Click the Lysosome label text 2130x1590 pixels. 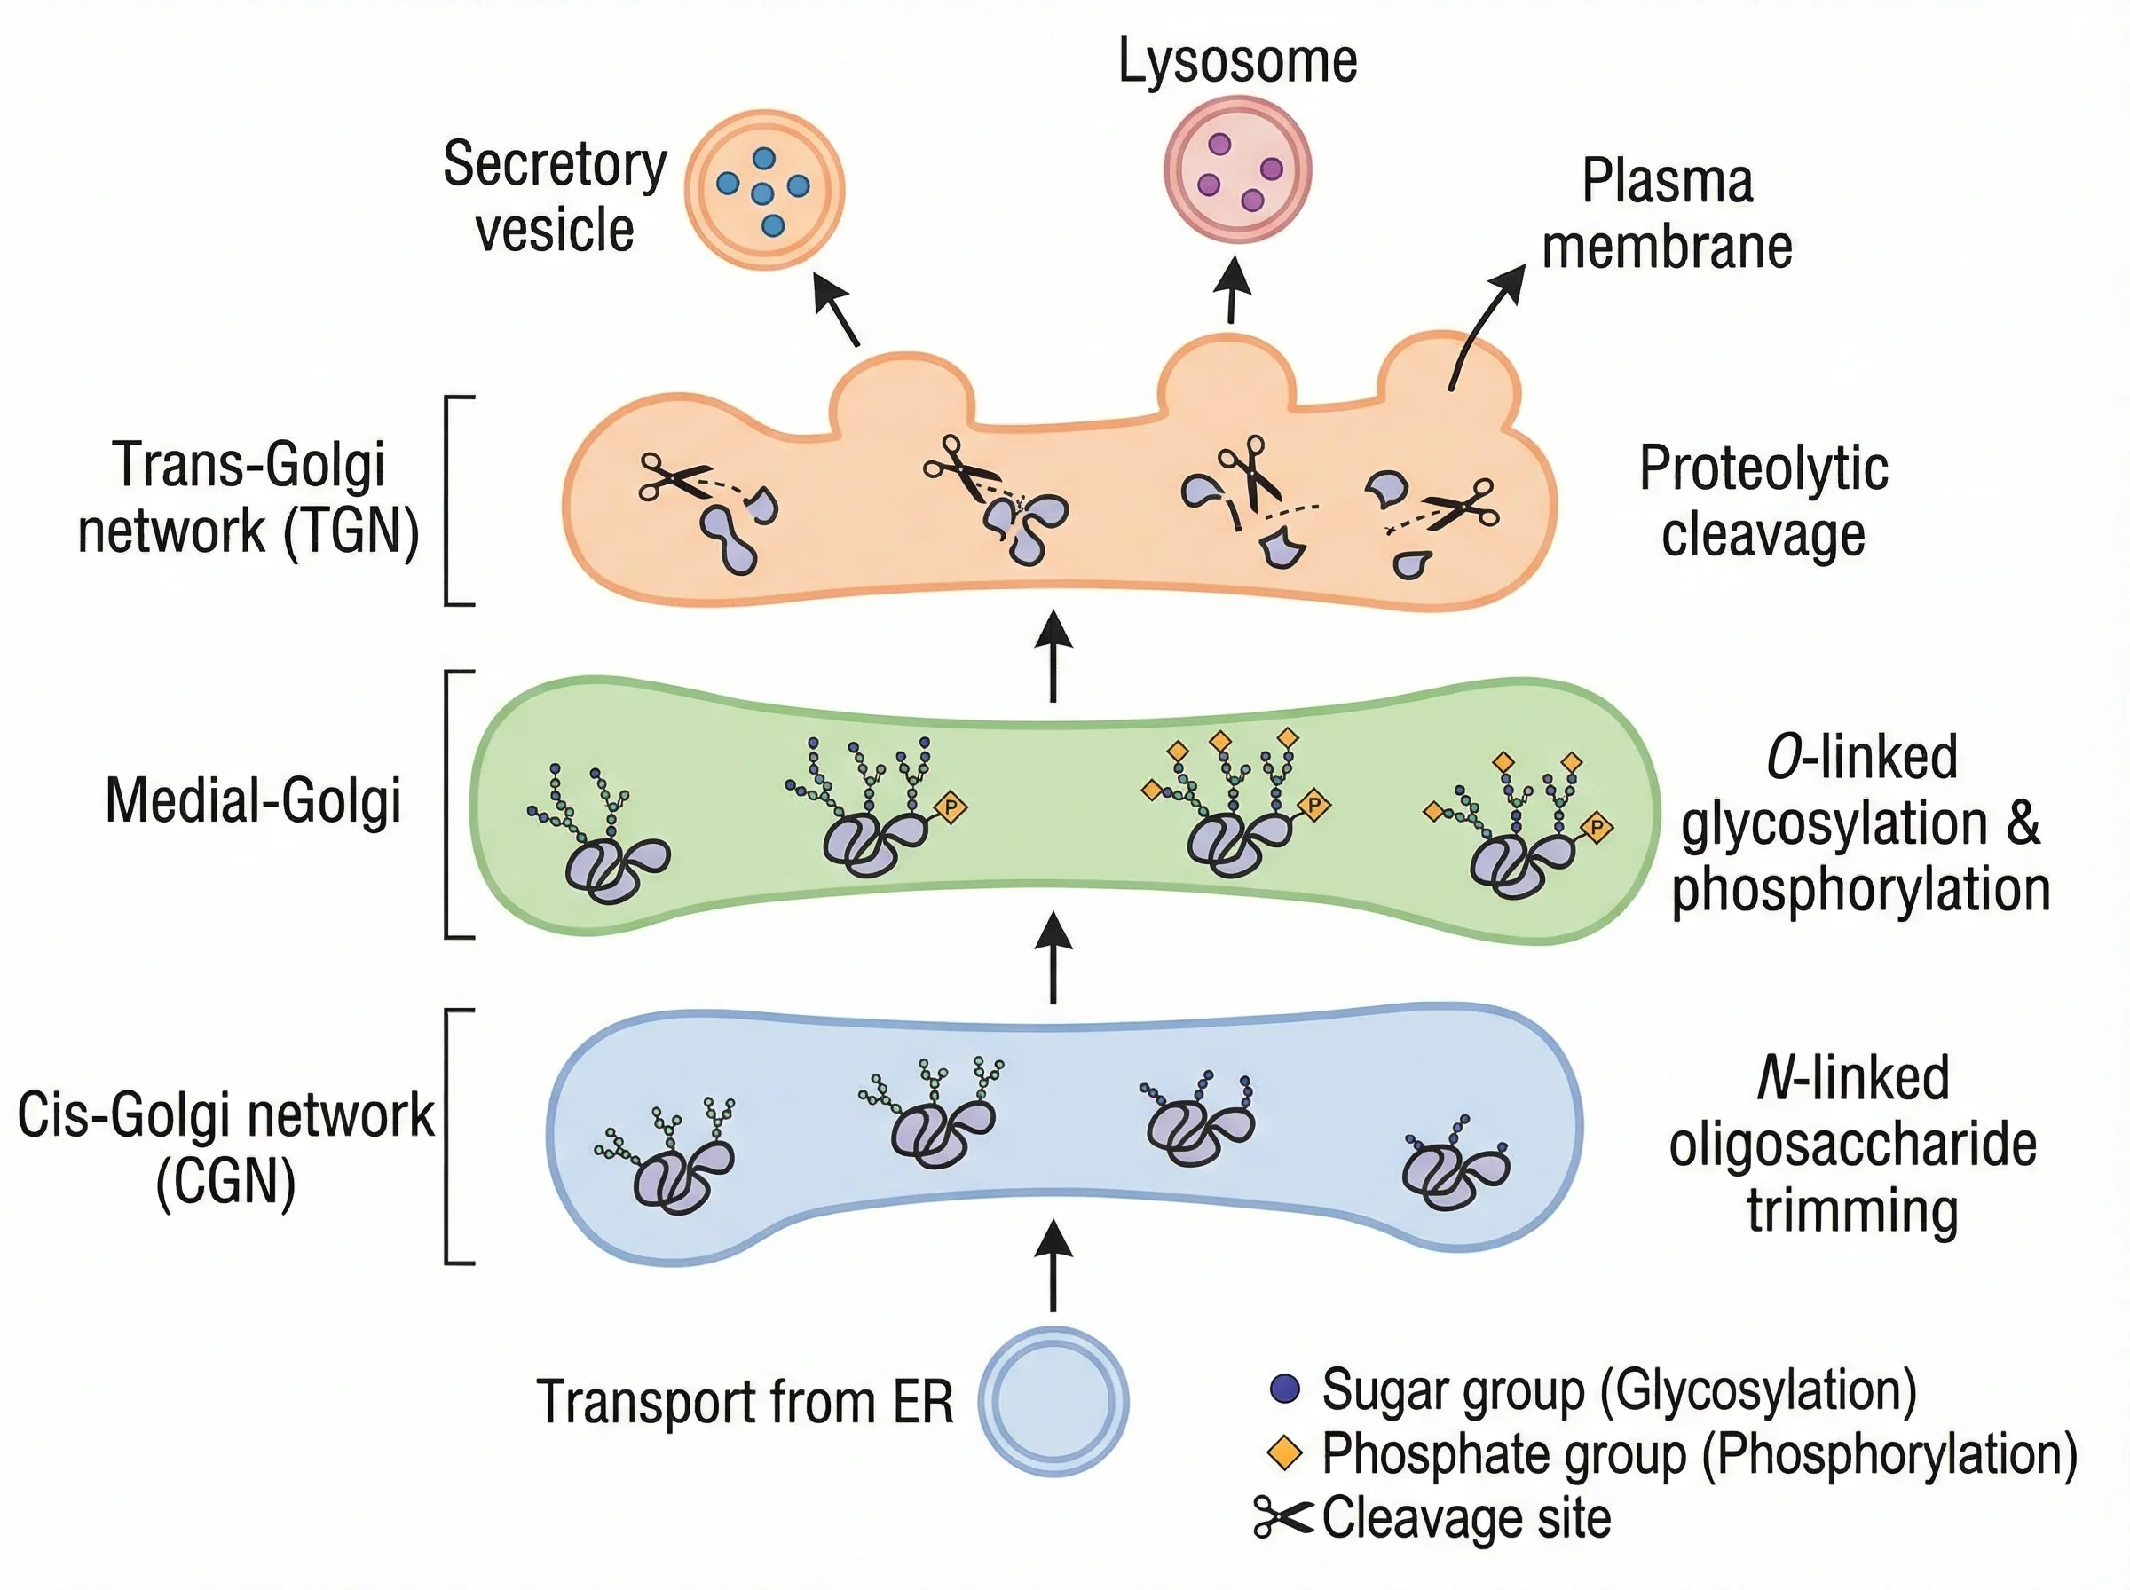point(1237,60)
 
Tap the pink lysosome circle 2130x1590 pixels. point(1238,170)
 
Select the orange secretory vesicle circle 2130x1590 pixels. point(764,190)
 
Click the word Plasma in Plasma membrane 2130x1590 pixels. point(1667,181)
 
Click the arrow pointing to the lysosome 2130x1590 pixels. point(1232,288)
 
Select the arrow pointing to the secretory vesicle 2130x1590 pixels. point(835,308)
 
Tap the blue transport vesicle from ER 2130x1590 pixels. point(1053,1401)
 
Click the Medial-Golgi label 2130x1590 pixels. point(253,801)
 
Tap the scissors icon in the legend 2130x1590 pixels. point(1282,1518)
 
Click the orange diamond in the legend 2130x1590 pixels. point(1285,1452)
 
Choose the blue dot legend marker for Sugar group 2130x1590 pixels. point(1285,1389)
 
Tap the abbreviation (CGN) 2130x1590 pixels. point(225,1182)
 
